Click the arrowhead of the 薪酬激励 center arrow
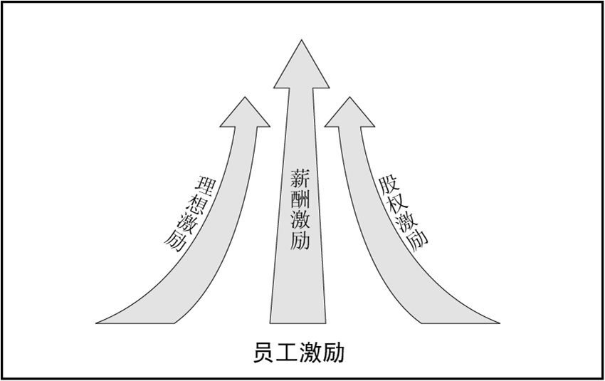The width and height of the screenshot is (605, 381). pyautogui.click(x=302, y=68)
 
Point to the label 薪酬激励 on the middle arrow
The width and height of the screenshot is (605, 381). pyautogui.click(x=300, y=209)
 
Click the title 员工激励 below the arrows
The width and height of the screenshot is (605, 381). pyautogui.click(x=298, y=353)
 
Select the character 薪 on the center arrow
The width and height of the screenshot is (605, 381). pyautogui.click(x=300, y=178)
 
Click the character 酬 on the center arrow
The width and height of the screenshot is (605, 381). pyautogui.click(x=300, y=199)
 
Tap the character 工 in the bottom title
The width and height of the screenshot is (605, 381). pyautogui.click(x=287, y=353)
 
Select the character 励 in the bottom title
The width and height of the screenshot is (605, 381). pyautogui.click(x=332, y=353)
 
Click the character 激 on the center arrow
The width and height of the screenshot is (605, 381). pyautogui.click(x=300, y=219)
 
